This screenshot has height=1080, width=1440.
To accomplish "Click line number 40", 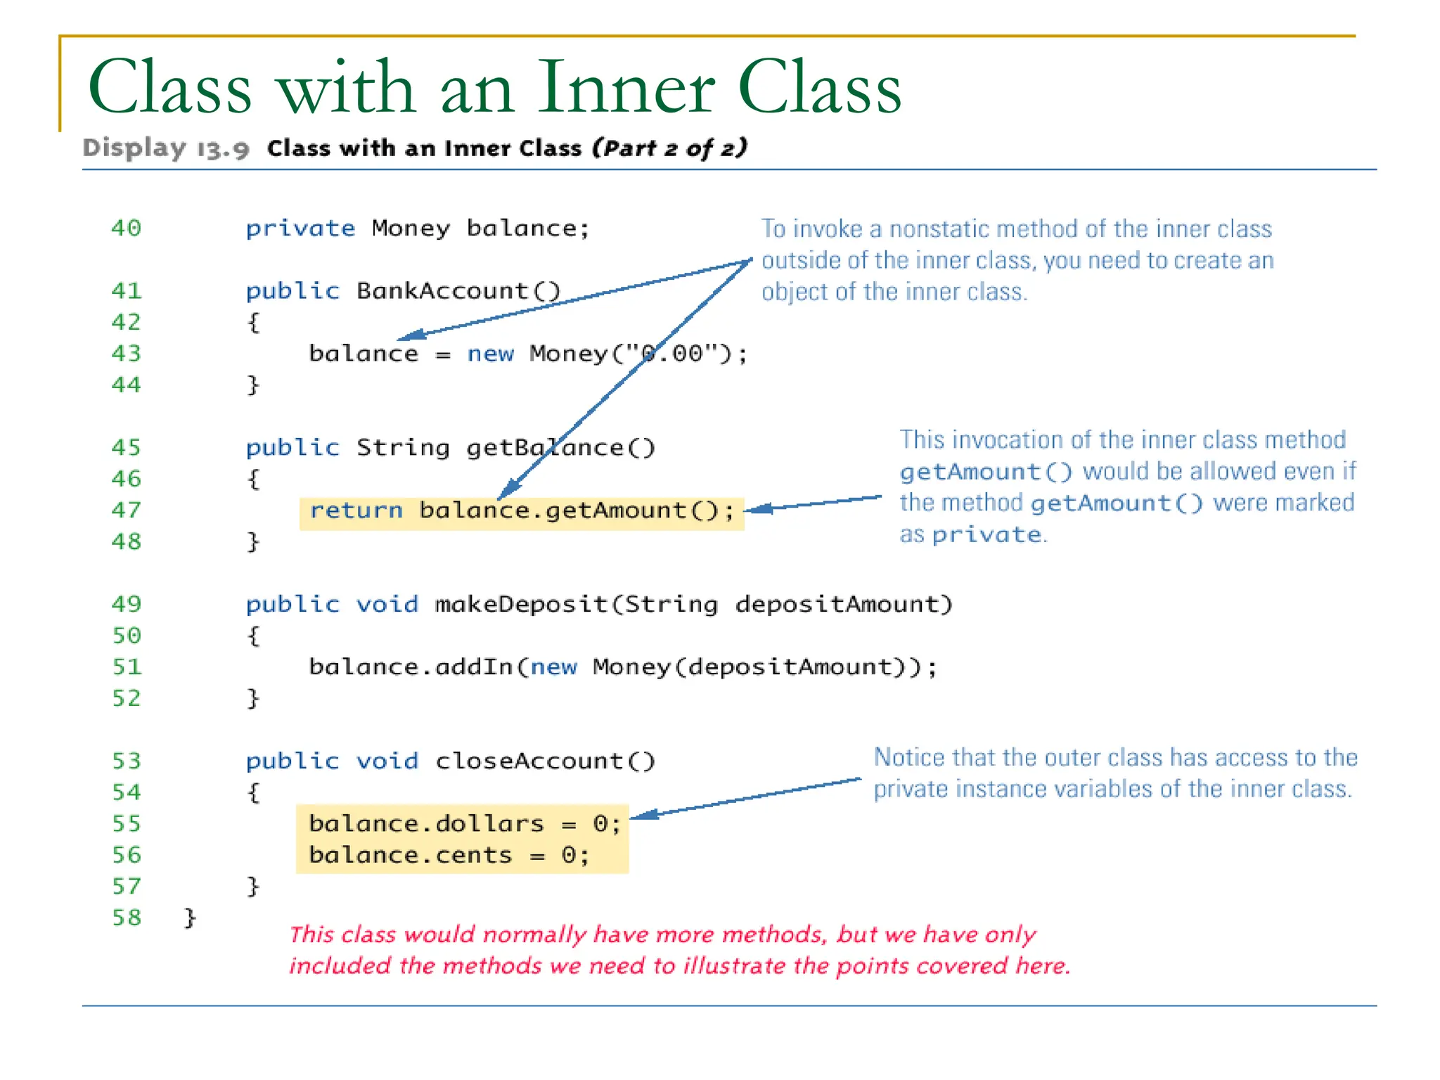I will click(126, 228).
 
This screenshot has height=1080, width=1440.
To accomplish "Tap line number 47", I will click(126, 510).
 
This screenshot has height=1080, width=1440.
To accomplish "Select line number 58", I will click(127, 918).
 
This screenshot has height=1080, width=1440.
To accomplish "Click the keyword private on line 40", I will click(300, 229).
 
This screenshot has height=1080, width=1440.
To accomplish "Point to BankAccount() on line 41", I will click(458, 290).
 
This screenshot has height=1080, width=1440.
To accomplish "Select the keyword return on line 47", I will click(356, 510).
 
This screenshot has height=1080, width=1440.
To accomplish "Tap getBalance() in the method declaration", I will click(560, 447).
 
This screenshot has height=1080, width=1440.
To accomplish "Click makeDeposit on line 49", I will click(521, 604).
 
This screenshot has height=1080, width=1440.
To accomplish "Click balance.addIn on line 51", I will click(411, 667).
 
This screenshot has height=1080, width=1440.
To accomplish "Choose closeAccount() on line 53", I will click(545, 761).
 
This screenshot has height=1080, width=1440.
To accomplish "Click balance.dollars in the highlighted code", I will click(426, 823).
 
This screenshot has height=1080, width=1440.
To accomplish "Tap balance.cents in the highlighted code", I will click(411, 855).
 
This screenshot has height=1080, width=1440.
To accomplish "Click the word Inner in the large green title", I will click(626, 88).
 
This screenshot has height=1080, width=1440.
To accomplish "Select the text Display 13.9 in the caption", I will click(166, 148).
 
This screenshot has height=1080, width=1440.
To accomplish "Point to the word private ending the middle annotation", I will click(986, 535).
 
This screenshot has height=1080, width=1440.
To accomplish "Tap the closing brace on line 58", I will click(190, 918).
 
